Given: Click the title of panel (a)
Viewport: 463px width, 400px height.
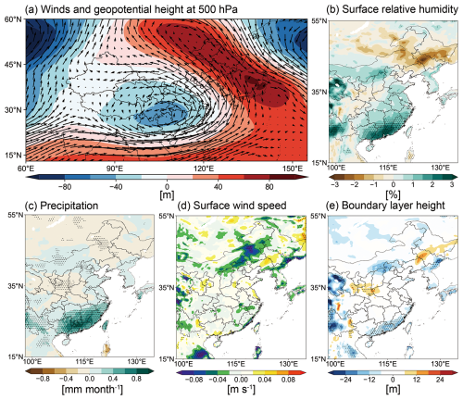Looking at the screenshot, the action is coord(131,9).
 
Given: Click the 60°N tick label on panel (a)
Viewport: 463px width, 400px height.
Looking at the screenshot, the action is coord(14,19).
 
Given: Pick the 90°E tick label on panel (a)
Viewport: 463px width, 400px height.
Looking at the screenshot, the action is coord(115,169).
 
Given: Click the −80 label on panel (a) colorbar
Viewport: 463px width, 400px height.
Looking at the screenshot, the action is coord(64,186).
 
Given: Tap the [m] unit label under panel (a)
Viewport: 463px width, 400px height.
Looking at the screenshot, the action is coord(167,195).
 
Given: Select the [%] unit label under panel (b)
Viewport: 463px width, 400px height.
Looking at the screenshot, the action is coord(393,194).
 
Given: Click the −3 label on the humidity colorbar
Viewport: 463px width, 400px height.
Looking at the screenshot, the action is coord(334,184).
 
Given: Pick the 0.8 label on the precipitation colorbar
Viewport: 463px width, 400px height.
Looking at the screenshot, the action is coord(137,379).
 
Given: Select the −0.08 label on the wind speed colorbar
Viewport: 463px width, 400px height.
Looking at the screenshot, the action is coord(194,379).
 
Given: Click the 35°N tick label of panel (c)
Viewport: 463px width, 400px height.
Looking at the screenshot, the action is coord(15,286).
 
